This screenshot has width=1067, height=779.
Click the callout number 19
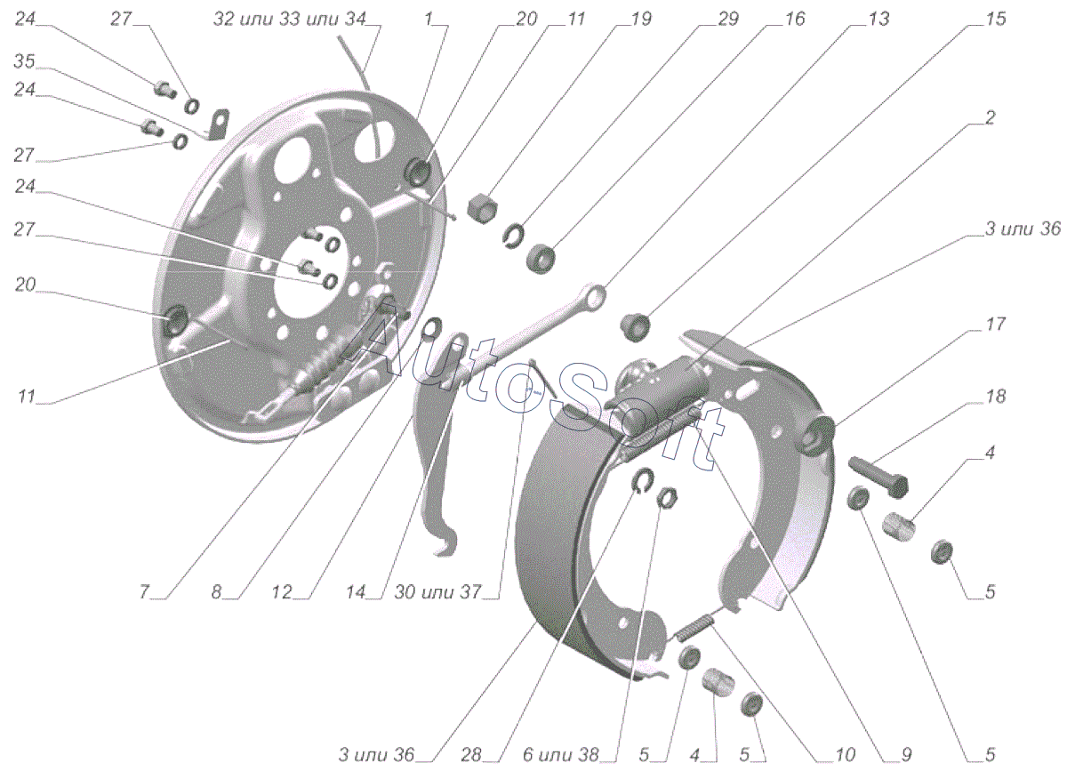(x=639, y=18)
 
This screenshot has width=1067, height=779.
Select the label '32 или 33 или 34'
(x=289, y=19)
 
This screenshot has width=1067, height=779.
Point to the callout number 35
(x=24, y=61)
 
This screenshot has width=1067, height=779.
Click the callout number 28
(x=471, y=755)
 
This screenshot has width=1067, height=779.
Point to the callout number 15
(x=996, y=18)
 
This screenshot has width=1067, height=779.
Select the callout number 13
(x=877, y=18)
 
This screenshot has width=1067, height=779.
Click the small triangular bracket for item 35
(x=218, y=122)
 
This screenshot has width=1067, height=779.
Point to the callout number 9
(x=905, y=755)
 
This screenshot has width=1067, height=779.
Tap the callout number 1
(x=429, y=18)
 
